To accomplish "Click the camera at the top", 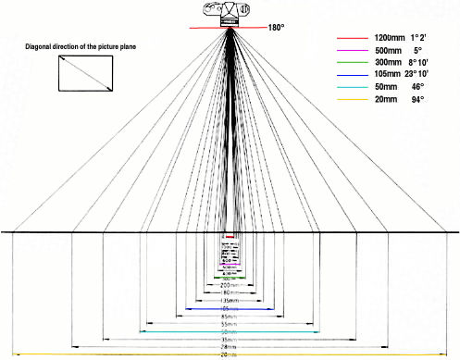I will (230, 14).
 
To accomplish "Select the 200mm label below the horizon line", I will (230, 288).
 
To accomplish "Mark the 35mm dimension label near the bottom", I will (230, 340).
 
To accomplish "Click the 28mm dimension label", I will (230, 348).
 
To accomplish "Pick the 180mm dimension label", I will (230, 293).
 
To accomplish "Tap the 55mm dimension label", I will (230, 325).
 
